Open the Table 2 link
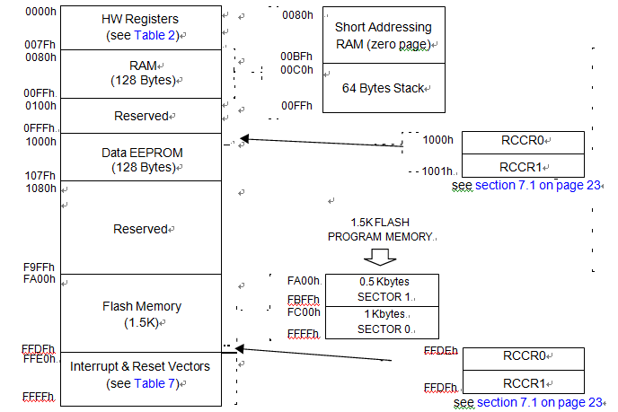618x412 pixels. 158,35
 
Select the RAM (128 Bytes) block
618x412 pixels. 141,73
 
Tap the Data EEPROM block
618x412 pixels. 141,160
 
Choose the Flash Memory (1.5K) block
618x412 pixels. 141,313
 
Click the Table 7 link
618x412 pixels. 158,383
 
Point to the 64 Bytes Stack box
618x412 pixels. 377,88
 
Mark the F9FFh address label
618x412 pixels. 40,267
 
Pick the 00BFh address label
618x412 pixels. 296,56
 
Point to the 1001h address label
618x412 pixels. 438,171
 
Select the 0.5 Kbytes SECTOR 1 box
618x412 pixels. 382,290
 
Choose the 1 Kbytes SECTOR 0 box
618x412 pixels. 382,321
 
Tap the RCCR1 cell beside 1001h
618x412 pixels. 523,165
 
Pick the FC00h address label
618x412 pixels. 302,313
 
